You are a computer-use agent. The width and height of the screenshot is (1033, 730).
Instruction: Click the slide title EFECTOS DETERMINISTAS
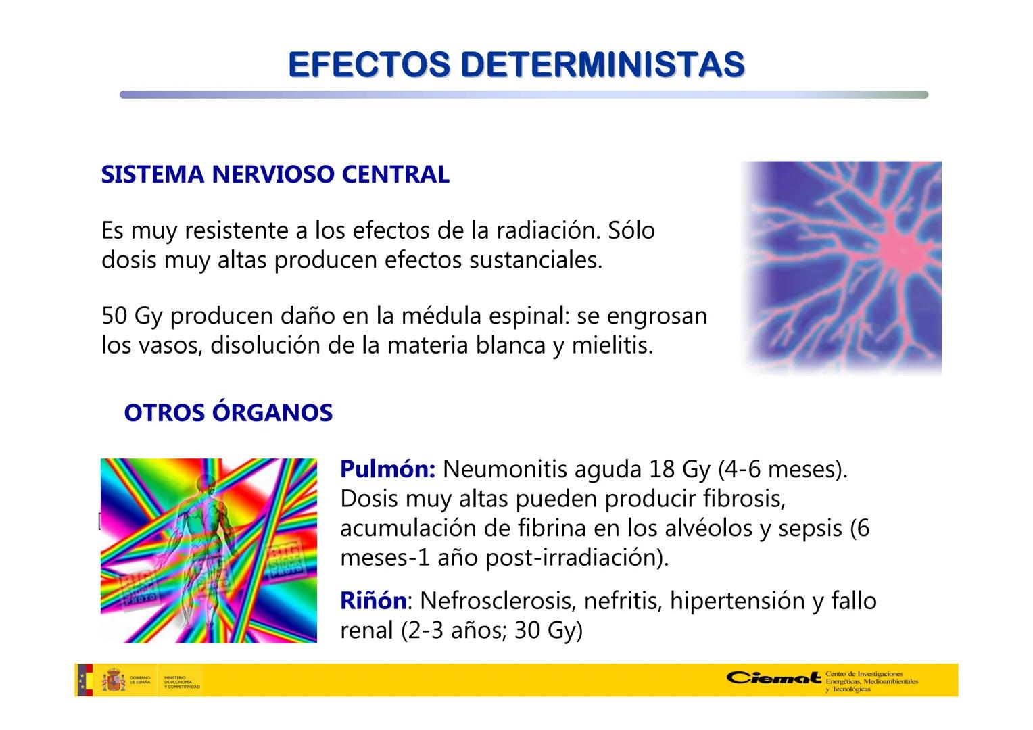(x=516, y=65)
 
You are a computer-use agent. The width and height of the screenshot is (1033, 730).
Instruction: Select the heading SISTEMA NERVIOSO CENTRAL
(x=275, y=174)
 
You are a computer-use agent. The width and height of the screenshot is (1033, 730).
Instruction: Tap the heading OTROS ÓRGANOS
(x=229, y=413)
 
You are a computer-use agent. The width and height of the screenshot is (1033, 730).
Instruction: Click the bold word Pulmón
(x=387, y=469)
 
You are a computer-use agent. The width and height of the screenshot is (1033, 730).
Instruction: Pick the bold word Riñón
(x=373, y=600)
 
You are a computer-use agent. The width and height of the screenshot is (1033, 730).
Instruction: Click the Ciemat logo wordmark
(x=774, y=678)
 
